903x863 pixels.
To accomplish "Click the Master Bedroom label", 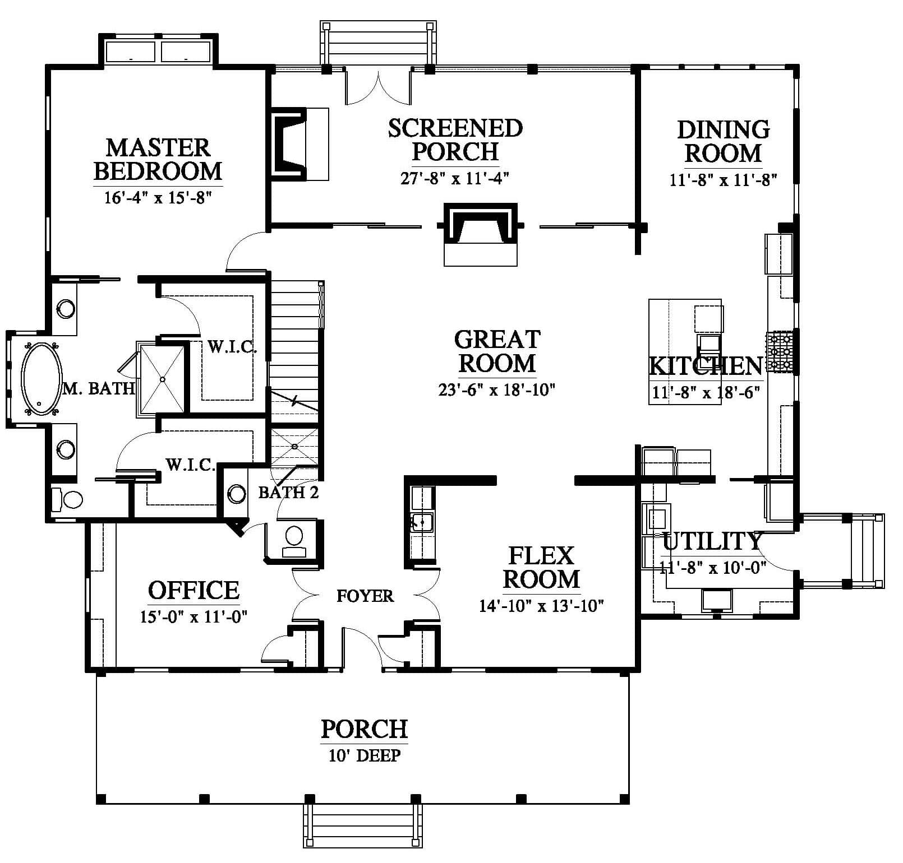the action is pyautogui.click(x=158, y=159).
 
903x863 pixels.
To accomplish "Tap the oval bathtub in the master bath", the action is pyautogui.click(x=42, y=379).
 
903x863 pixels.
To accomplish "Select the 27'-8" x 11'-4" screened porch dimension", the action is pyautogui.click(x=454, y=178).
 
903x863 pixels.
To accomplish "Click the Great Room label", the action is pyautogui.click(x=497, y=351).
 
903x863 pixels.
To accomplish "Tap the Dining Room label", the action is pyautogui.click(x=723, y=141).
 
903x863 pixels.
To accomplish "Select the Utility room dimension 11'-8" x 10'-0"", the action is pyautogui.click(x=712, y=568).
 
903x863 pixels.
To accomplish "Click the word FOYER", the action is pyautogui.click(x=365, y=596).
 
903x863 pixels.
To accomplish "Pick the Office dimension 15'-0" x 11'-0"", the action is pyautogui.click(x=194, y=617).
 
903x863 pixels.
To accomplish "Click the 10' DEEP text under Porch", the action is pyautogui.click(x=365, y=755).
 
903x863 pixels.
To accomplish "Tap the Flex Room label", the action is pyautogui.click(x=541, y=567).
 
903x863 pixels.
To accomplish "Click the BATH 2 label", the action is pyautogui.click(x=288, y=493).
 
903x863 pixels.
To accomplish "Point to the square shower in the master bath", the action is pyautogui.click(x=162, y=379).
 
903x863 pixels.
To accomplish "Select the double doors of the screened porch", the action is pyautogui.click(x=379, y=87).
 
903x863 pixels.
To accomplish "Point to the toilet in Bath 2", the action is pyautogui.click(x=293, y=541).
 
